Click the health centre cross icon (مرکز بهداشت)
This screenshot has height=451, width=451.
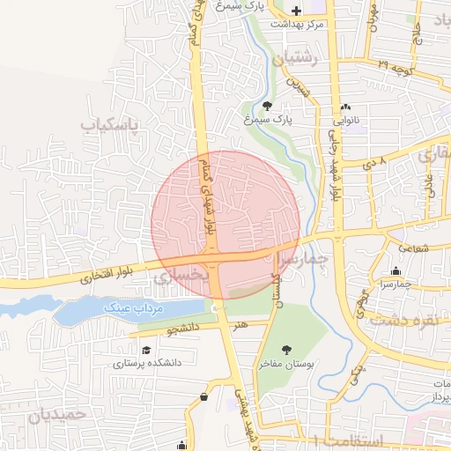point(296,11)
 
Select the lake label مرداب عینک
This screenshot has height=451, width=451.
point(129,308)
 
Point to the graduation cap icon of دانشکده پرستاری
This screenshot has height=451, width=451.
point(145,350)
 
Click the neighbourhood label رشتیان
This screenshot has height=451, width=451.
point(293,59)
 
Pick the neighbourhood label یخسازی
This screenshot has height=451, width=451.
point(181,276)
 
